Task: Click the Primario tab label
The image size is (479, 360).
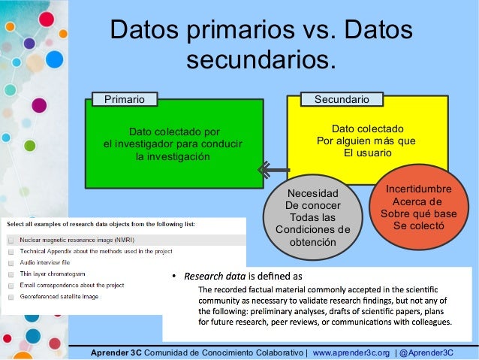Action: tap(119, 98)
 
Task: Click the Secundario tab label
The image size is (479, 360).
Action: tap(341, 98)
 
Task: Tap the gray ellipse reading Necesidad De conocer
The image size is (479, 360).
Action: tap(313, 218)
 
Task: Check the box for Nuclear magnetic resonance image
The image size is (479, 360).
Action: tap(11, 239)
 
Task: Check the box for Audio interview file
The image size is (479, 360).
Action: tap(11, 262)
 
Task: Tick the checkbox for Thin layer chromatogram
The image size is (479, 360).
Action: tap(11, 274)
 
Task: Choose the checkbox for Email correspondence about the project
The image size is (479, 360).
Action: tap(11, 286)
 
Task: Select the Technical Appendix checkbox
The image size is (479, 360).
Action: tap(11, 251)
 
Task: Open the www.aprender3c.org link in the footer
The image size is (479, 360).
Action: tap(351, 352)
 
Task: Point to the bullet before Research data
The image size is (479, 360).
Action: tap(175, 276)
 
